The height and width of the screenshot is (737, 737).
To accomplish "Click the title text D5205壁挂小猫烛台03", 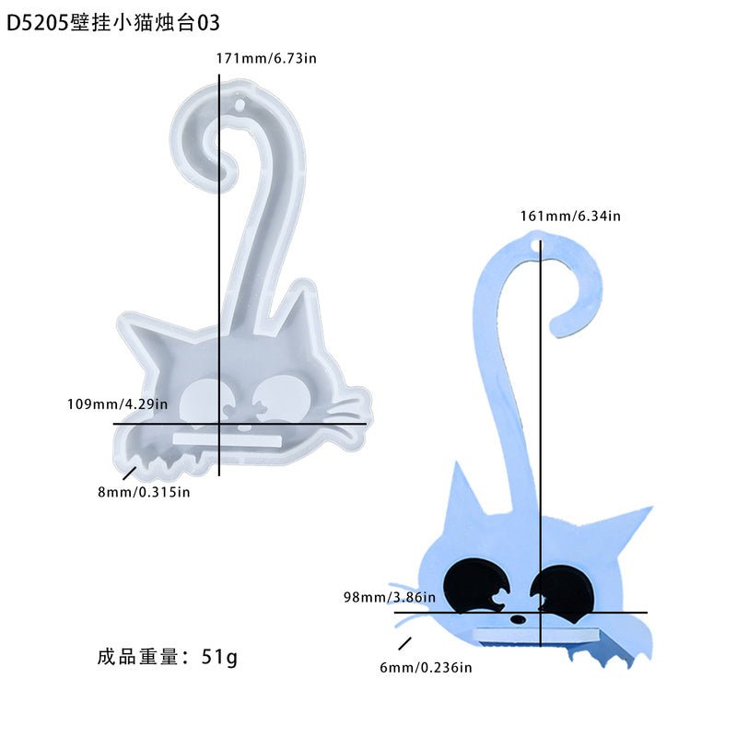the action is coord(112,22).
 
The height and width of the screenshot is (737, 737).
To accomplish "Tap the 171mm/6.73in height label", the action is coord(266,58).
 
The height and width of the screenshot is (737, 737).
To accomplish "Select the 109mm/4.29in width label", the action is coord(117,404).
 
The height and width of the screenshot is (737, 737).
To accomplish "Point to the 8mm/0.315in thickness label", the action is coord(144,492).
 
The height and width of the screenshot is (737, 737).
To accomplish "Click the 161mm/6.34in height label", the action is coord(570,216).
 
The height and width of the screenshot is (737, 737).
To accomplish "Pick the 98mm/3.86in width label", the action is coord(389,597).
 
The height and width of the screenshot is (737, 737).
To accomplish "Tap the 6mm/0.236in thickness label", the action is coord(426,667).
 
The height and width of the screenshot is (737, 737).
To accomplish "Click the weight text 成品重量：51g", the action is coord(168,657).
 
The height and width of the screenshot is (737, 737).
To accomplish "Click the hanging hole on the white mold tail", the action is coord(240,104).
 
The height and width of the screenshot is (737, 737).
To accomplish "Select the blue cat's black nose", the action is coord(518,620).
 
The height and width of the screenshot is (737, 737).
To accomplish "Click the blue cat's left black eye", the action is coord(475,586).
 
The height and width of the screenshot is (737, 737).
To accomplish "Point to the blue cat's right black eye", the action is coord(561,589).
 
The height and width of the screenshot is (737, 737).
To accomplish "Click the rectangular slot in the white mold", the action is coord(228,440).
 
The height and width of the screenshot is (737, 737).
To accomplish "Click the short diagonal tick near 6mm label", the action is coord(404,643).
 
